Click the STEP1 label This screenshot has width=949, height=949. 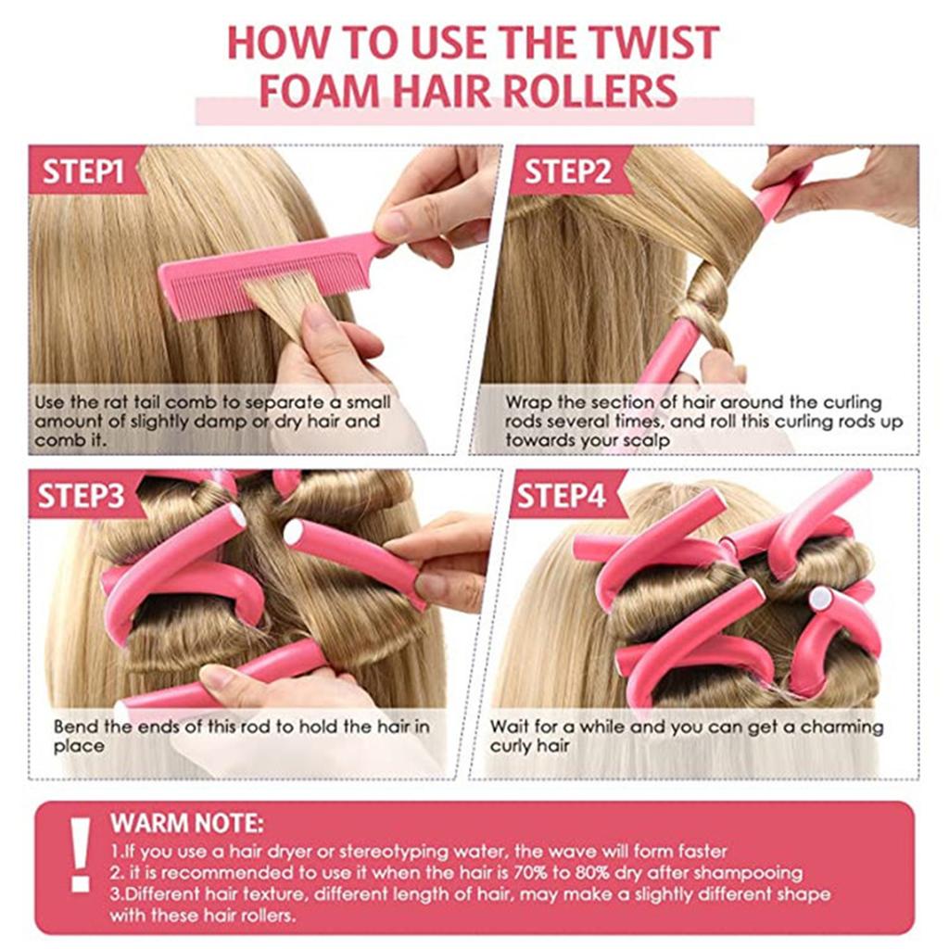click(83, 171)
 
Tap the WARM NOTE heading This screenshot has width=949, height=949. click(186, 823)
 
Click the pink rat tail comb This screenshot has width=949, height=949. click(269, 273)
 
